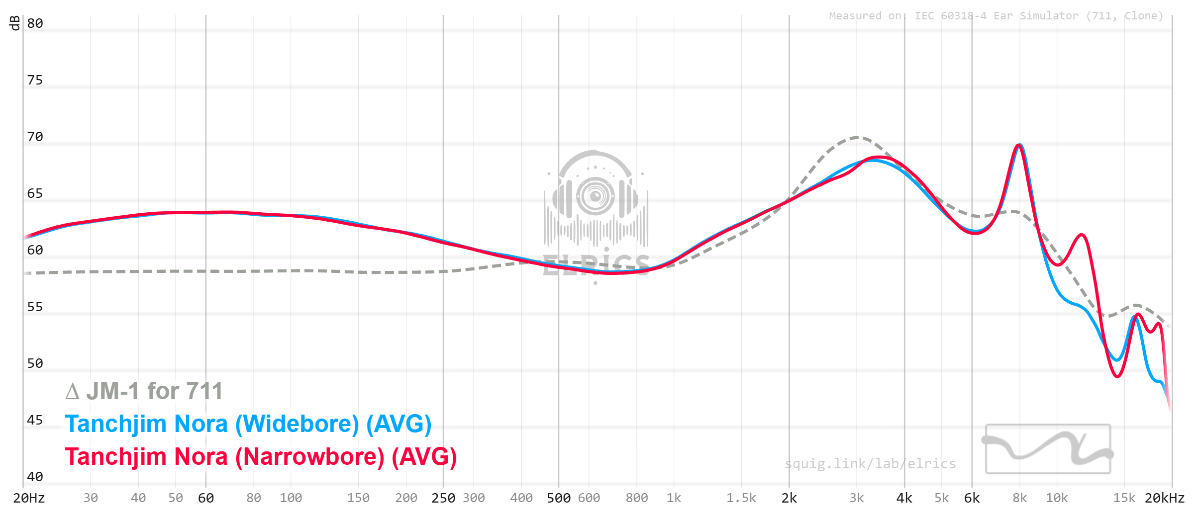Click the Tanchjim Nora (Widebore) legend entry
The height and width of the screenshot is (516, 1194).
[248, 424]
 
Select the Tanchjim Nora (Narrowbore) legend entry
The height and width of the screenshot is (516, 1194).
[261, 457]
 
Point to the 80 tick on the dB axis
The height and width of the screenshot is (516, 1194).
[35, 23]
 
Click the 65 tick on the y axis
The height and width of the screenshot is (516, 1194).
[35, 193]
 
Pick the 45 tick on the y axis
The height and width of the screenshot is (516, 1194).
[35, 420]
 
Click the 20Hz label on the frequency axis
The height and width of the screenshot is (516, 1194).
[29, 498]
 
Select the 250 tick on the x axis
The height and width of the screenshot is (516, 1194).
[443, 498]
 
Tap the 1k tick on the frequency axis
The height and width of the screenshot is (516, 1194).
[674, 498]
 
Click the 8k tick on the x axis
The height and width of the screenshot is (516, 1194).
[1019, 498]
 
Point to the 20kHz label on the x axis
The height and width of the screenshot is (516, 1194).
[1164, 498]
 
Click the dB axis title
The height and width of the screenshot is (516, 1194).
[15, 23]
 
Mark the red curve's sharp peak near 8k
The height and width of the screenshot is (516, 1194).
[1019, 145]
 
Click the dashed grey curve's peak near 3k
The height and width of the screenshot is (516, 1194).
[856, 137]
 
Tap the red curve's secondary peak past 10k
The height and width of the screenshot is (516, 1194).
[1082, 235]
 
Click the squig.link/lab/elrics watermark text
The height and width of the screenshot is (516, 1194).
[870, 464]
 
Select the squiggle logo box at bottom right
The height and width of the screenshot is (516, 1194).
[1048, 449]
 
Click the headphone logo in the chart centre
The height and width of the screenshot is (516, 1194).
[596, 199]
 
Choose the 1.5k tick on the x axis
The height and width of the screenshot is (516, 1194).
[741, 498]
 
